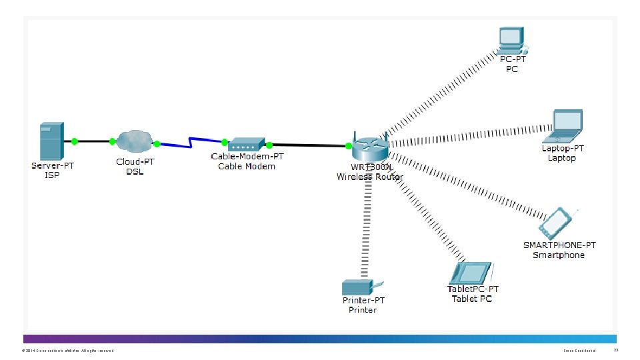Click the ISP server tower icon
click(x=51, y=141)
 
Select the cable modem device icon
click(x=247, y=144)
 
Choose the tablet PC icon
click(x=471, y=273)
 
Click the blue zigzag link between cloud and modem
click(x=190, y=142)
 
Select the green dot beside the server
click(x=75, y=141)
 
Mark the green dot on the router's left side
click(x=347, y=145)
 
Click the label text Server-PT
click(x=53, y=165)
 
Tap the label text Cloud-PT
click(x=135, y=162)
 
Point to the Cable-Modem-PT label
click(x=247, y=157)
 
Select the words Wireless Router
click(x=369, y=177)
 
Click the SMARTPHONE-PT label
click(x=559, y=245)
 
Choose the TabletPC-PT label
click(x=472, y=289)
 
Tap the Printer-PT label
click(x=363, y=301)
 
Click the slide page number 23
click(x=616, y=350)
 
